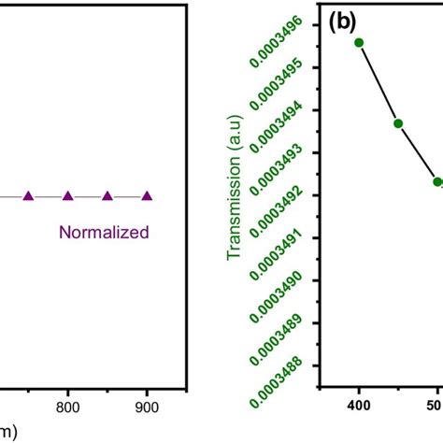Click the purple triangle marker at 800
[x=67, y=195]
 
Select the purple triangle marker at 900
[x=147, y=195]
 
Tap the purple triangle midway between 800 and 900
[x=107, y=195]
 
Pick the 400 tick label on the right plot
[x=359, y=407]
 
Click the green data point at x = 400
[x=359, y=42]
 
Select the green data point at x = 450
[x=398, y=123]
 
